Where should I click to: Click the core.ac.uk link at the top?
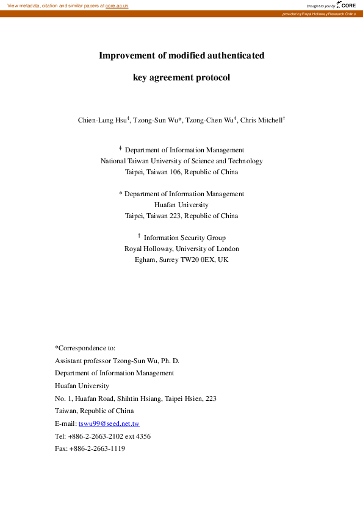click(117, 5)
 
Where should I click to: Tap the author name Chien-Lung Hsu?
click(101, 120)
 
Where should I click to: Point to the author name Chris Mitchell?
click(261, 120)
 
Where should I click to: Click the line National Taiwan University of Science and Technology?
click(181, 161)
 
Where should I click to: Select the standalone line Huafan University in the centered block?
click(181, 205)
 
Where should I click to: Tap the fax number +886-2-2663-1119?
click(97, 448)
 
